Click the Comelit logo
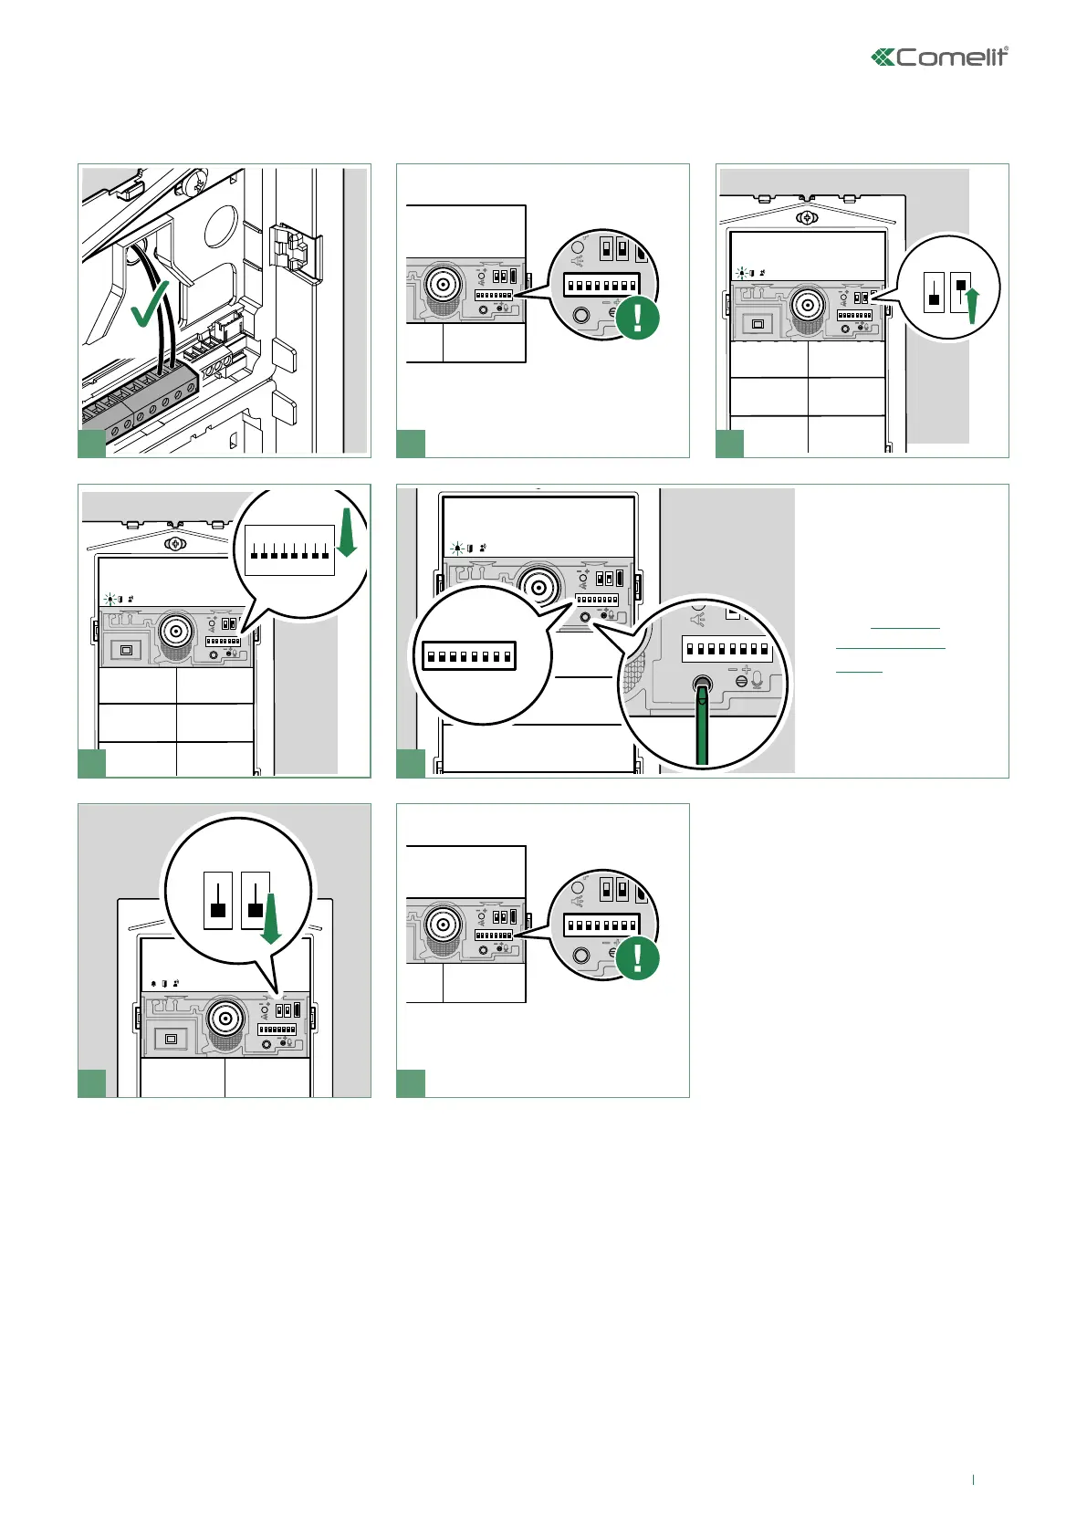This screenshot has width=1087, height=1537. (x=940, y=58)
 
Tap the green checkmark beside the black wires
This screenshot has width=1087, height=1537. (x=150, y=305)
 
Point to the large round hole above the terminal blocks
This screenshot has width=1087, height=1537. (x=220, y=223)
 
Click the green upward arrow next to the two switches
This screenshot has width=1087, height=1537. (x=973, y=305)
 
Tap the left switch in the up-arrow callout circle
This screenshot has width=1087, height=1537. (x=934, y=292)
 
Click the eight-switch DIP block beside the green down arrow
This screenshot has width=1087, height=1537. (x=289, y=550)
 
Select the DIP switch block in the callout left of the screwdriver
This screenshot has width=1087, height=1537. (x=469, y=656)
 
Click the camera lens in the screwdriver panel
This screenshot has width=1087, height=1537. (x=538, y=585)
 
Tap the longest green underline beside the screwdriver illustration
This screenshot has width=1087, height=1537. (x=890, y=649)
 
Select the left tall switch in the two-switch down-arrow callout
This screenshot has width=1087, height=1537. (x=218, y=901)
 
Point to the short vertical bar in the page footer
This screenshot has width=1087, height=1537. (x=974, y=1479)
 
